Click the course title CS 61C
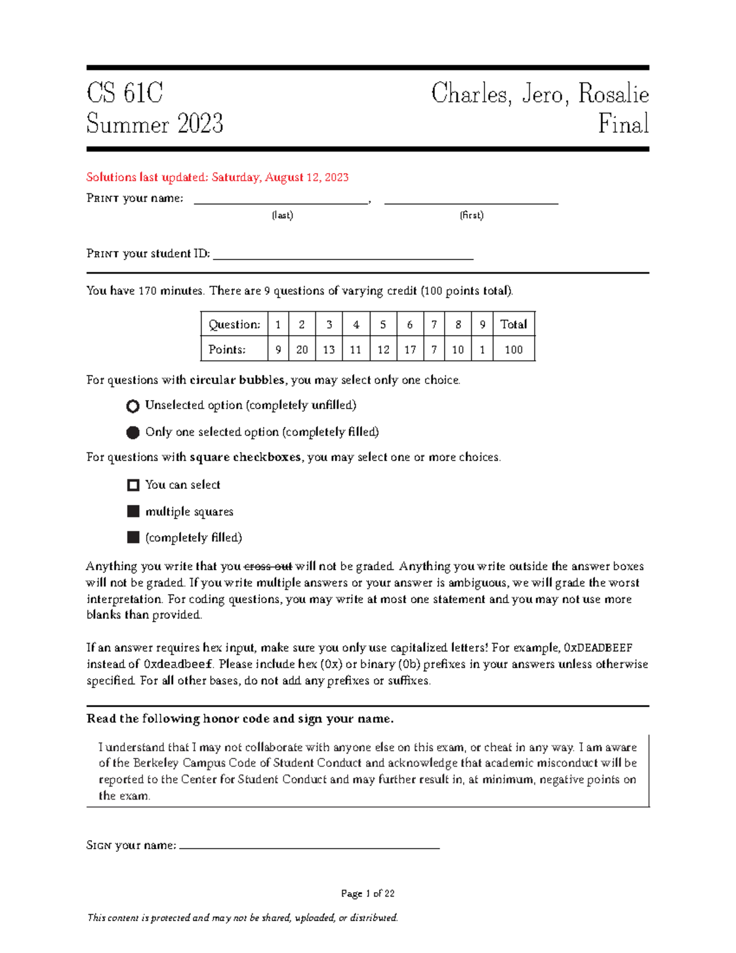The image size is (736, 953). coord(125,93)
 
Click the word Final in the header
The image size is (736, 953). coord(623,124)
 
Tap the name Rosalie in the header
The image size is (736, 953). coord(613,94)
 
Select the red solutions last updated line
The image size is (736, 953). coord(217,177)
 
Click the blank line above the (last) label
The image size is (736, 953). coord(282,201)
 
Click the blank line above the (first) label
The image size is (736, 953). coord(471,201)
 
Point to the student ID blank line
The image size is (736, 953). coord(343,257)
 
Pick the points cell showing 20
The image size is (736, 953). coord(302,350)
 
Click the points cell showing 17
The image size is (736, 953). coord(410,350)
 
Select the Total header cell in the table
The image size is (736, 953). coord(513,325)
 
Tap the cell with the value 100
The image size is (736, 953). coord(513,350)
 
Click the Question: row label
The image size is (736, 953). coord(234,325)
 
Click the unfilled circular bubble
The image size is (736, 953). coord(132,406)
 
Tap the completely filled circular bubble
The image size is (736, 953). coord(132,433)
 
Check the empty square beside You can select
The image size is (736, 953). coord(133,485)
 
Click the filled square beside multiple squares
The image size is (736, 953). coord(133,511)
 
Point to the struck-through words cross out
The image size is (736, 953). coord(268,566)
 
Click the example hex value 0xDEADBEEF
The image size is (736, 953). coord(598,648)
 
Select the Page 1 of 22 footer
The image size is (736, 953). coord(367,893)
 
